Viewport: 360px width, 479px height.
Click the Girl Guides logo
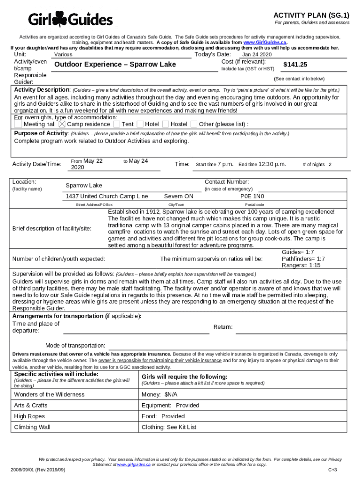point(70,19)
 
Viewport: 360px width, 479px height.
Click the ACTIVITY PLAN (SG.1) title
point(311,15)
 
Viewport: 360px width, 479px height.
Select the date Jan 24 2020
point(257,55)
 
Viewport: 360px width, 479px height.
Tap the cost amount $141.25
point(295,65)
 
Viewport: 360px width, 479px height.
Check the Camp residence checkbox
point(62,124)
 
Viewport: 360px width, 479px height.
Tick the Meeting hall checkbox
point(18,124)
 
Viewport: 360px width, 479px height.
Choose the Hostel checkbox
point(166,124)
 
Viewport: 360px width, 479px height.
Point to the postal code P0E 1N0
point(252,196)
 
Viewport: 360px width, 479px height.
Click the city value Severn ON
point(179,196)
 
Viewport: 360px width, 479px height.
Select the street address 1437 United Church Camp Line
point(107,196)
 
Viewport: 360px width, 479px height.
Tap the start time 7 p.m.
point(225,164)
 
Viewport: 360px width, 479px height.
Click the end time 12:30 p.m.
point(272,164)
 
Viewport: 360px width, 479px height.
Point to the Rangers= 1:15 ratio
point(301,265)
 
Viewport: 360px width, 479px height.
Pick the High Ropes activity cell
point(29,416)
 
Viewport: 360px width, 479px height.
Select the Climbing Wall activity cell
point(32,427)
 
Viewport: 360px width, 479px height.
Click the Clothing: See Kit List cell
point(169,427)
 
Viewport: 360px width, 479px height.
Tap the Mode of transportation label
point(75,346)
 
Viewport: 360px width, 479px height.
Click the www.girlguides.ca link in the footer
point(134,464)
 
